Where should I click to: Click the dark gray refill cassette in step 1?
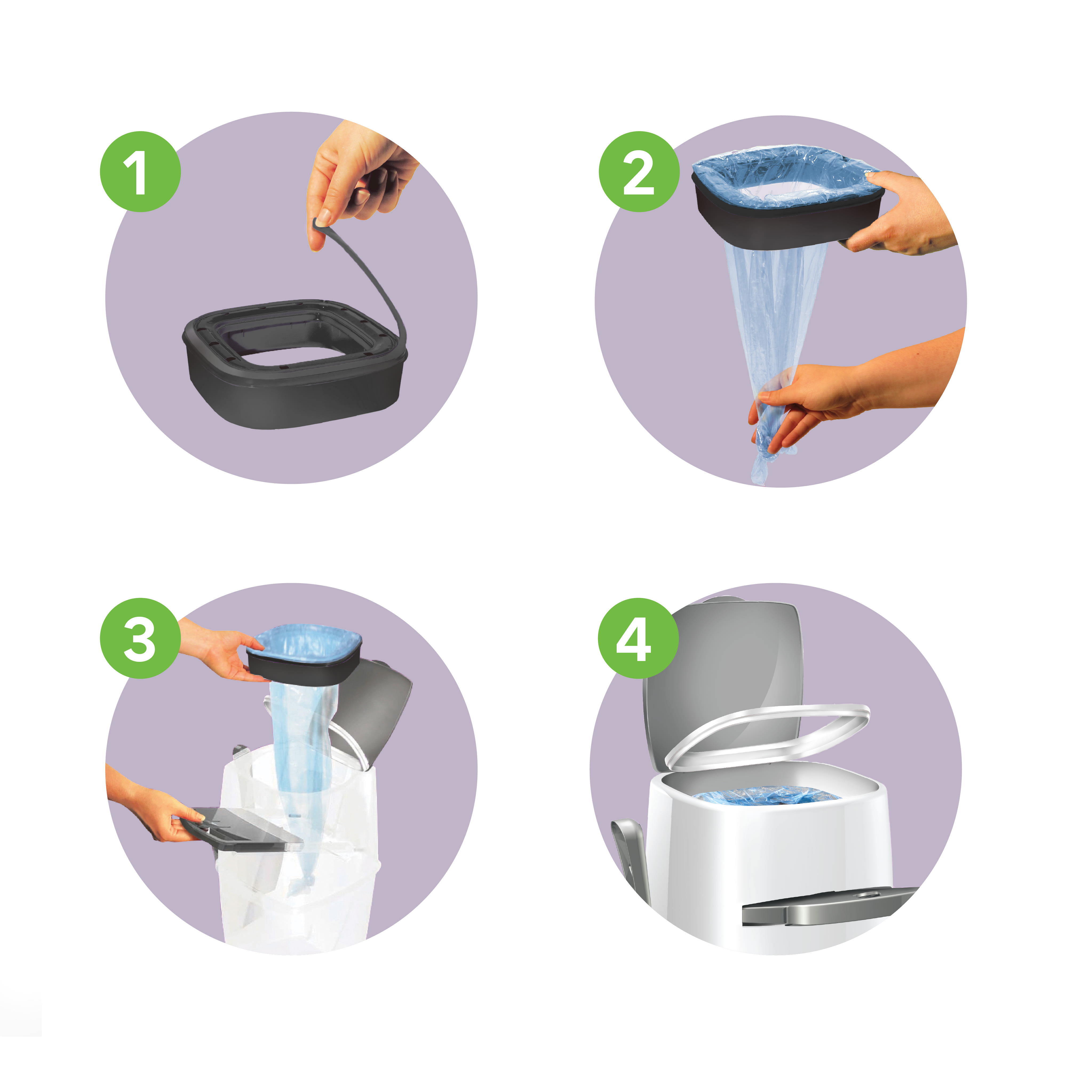point(296,364)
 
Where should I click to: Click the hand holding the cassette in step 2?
point(900,213)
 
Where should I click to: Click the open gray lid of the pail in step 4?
point(721,679)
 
